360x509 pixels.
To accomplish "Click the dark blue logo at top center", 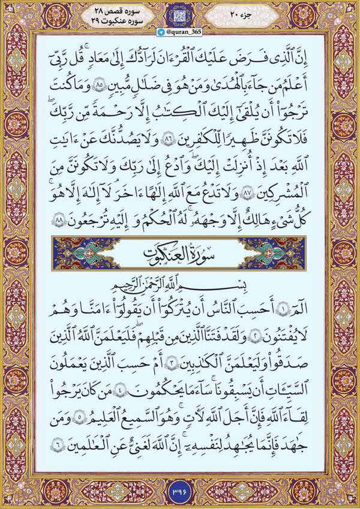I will coord(180,16).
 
